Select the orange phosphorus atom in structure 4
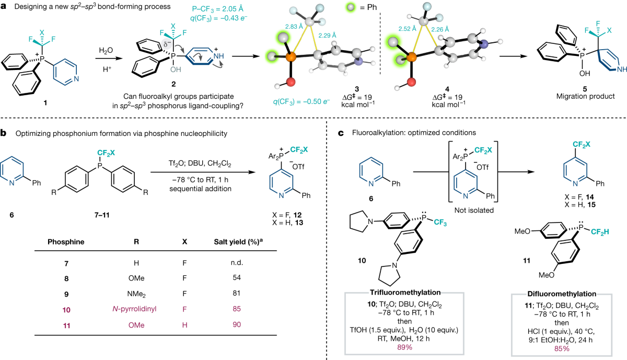[x=411, y=56]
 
